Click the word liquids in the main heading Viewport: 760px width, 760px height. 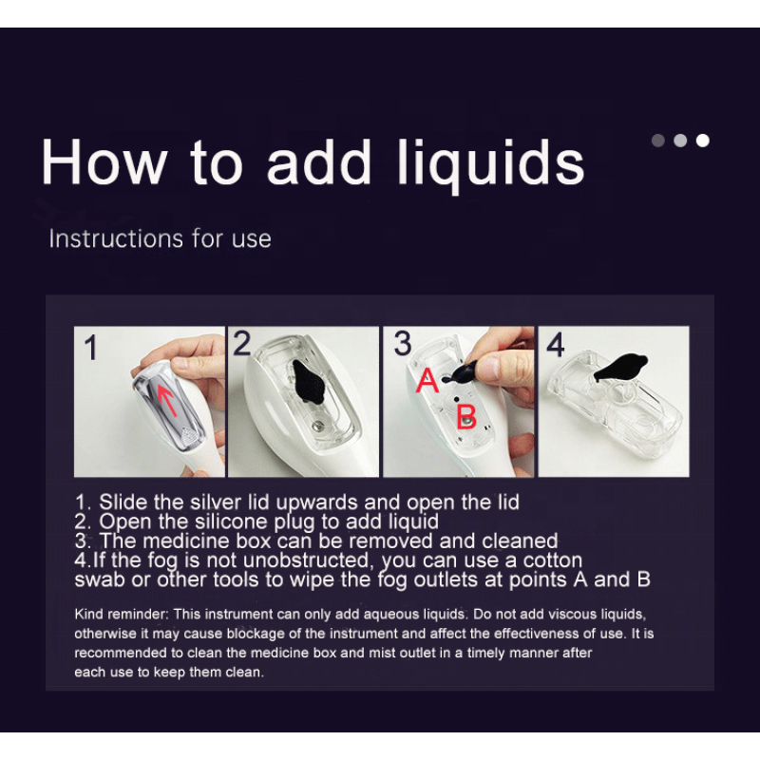[491, 163]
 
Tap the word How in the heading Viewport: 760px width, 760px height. [104, 161]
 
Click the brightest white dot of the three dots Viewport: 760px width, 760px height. [702, 141]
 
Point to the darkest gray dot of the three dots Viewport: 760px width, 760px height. [657, 141]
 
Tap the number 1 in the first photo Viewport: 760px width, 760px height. [90, 348]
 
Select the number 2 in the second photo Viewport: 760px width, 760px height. [242, 343]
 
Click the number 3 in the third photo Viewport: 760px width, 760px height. [402, 343]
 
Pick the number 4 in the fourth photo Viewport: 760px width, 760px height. [556, 345]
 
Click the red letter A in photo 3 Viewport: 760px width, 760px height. [427, 380]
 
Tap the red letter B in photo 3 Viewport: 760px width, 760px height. [466, 416]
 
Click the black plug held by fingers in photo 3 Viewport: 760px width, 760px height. [461, 372]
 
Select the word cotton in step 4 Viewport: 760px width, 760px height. [552, 560]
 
